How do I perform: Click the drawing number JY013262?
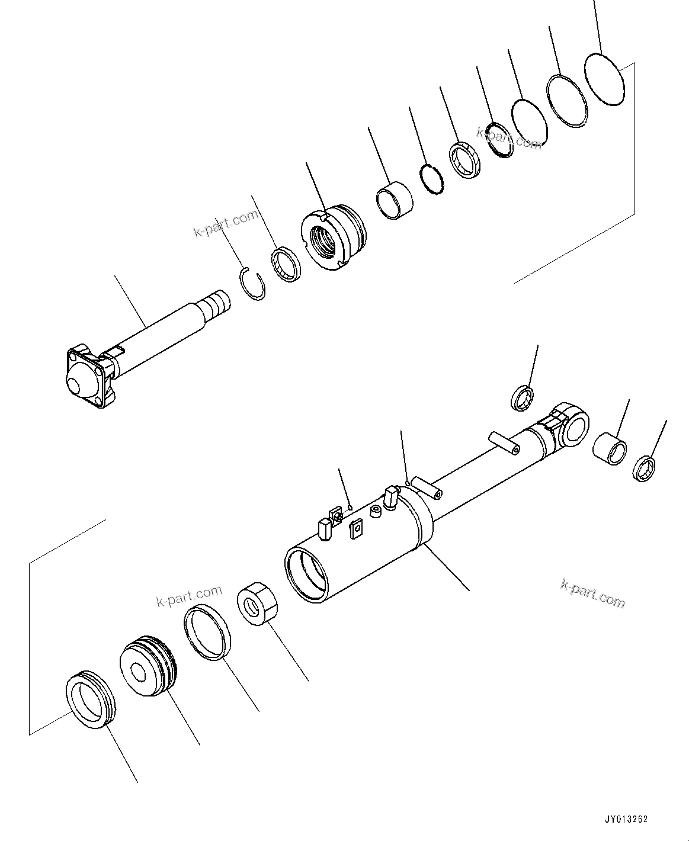[x=626, y=820]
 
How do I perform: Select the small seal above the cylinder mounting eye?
[x=522, y=397]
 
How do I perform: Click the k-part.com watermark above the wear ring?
[x=189, y=596]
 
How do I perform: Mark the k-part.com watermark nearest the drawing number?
[x=592, y=593]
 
